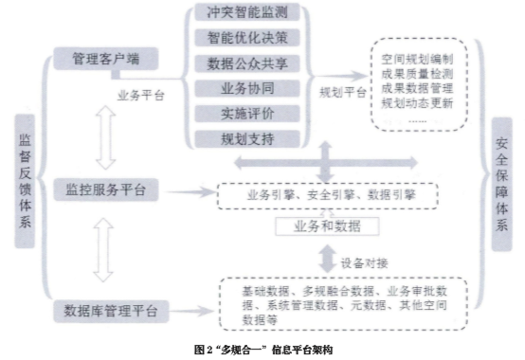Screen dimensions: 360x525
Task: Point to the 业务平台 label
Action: tap(139, 96)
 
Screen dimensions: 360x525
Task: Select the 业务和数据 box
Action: tap(325, 226)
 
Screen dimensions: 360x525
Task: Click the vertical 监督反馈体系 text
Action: tap(25, 180)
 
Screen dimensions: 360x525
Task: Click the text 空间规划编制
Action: tap(416, 44)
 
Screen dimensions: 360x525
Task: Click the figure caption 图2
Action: tap(262, 349)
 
